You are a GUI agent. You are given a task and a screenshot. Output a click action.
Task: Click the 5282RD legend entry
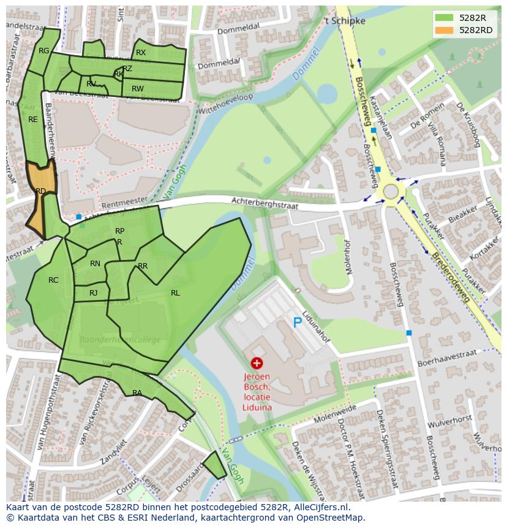[x=465, y=30]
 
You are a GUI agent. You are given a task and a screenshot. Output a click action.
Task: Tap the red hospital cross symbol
[x=257, y=364]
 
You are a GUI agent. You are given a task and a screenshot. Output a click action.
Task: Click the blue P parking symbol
[x=298, y=323]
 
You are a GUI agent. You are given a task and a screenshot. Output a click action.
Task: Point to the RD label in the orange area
[x=40, y=191]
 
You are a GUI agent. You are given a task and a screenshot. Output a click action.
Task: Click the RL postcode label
[x=175, y=293]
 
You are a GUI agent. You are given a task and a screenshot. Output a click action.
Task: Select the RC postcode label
[x=53, y=280]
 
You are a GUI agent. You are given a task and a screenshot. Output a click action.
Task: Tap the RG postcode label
[x=43, y=51]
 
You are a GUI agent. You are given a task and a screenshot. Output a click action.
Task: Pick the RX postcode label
[x=141, y=53]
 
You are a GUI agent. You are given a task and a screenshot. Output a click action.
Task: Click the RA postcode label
[x=137, y=393]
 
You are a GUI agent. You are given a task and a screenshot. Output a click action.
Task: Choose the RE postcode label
[x=33, y=120]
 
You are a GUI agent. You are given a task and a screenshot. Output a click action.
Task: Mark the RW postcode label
[x=138, y=89]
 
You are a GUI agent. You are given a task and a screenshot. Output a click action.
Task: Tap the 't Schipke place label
[x=345, y=21]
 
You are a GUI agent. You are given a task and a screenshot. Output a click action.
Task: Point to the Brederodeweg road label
[x=449, y=276]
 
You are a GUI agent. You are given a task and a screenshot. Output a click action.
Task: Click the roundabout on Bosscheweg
[x=391, y=192]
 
